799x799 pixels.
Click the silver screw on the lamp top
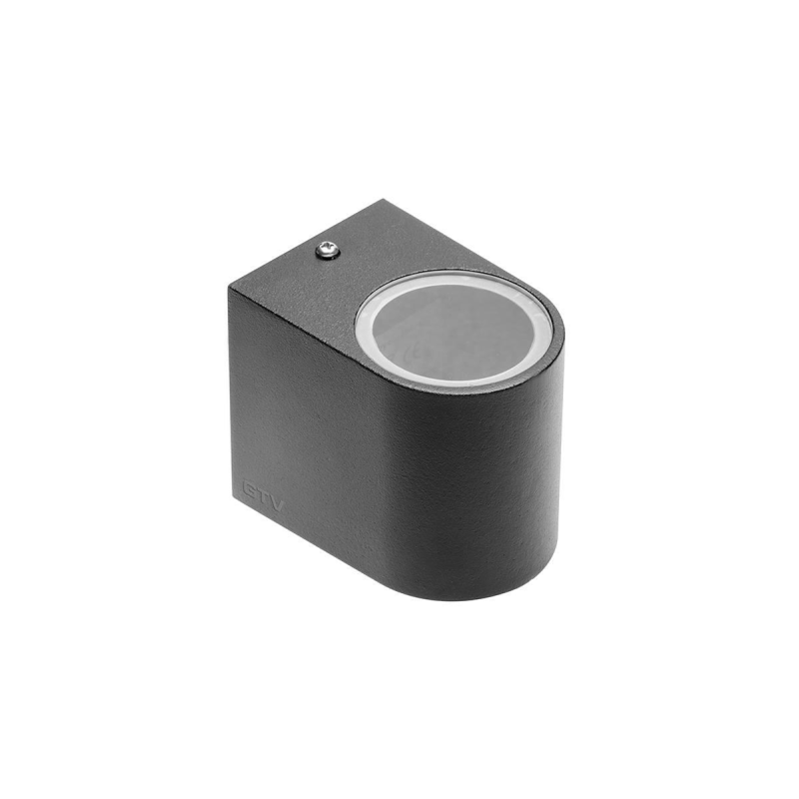328,251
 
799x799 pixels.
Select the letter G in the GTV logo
250,489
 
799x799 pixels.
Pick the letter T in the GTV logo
264,496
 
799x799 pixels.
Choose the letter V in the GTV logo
277,502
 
